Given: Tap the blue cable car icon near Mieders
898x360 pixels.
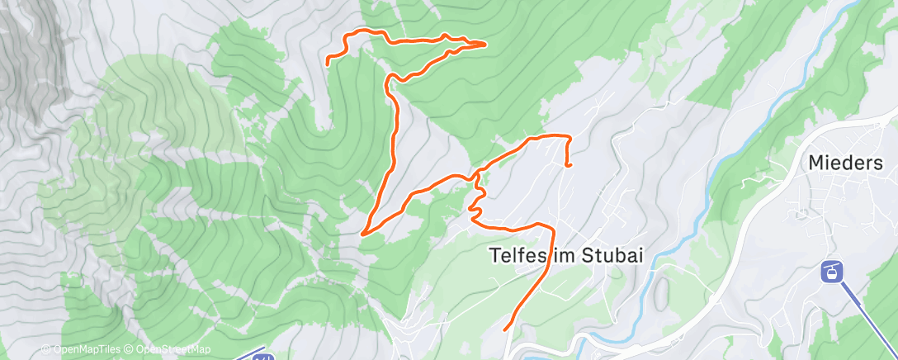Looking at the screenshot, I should (831, 270).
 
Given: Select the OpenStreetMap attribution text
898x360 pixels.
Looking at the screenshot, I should (173, 349).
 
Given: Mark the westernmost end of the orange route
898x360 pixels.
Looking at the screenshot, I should (328, 63).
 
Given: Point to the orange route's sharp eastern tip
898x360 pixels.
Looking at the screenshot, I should (484, 43).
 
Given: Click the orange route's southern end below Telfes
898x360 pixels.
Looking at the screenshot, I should (504, 329).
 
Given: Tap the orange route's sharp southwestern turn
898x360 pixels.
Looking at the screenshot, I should (363, 234).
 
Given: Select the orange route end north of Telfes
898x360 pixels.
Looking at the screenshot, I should (569, 165).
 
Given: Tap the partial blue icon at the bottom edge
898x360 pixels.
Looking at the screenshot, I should (262, 357).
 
